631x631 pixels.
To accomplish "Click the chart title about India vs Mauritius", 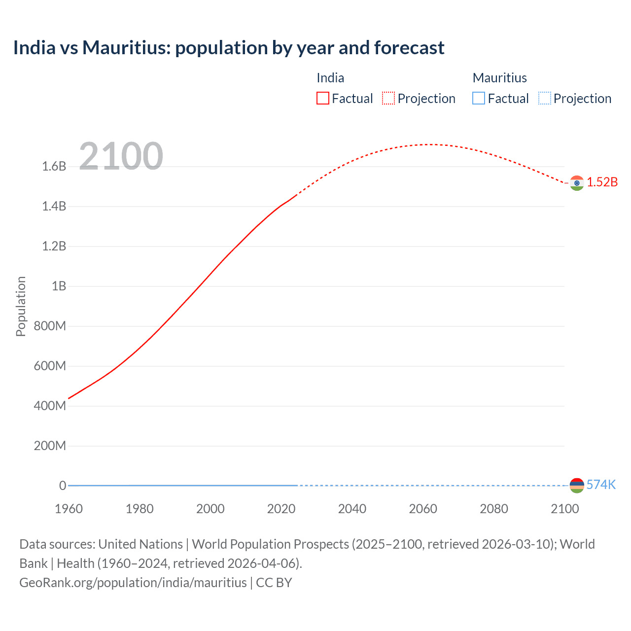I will pos(229,48).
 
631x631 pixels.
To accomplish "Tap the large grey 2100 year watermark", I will pos(121,156).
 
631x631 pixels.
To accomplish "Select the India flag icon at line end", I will pos(577,183).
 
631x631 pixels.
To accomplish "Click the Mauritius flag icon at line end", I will pos(577,485).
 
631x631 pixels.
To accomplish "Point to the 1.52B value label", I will pos(602,182).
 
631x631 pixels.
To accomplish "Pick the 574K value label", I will pos(601,485).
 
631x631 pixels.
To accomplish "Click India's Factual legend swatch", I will pos(322,98).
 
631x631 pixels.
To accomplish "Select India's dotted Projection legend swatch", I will pos(388,98).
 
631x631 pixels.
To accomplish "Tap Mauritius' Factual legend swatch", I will pos(478,98).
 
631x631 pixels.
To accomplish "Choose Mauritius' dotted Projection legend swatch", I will pos(544,98).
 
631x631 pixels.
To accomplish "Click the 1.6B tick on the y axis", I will pos(54,166).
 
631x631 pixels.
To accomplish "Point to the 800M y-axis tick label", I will pos(50,326).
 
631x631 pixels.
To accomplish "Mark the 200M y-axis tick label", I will pos(50,446).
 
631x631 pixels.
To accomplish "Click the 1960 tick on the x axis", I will pos(69,509).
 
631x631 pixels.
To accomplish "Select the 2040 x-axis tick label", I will pos(352,509).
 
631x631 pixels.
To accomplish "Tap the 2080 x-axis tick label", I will pos(493,509).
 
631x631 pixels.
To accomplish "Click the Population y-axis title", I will pos(21,306).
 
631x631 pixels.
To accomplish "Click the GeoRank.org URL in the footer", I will pos(133,583).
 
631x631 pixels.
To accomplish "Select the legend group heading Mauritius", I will pos(499,78).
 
